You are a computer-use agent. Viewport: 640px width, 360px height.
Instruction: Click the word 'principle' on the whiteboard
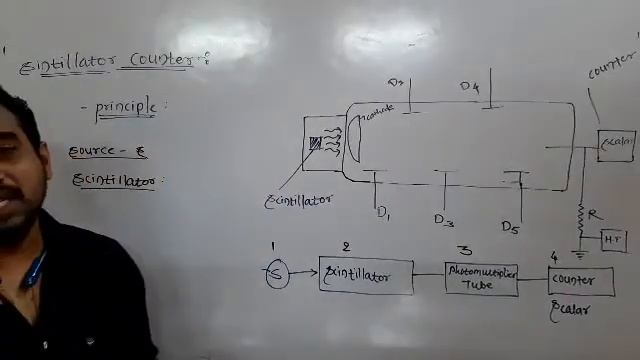tap(125, 106)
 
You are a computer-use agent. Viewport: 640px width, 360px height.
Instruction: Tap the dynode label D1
tap(383, 212)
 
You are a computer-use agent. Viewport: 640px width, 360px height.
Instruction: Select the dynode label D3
tap(444, 219)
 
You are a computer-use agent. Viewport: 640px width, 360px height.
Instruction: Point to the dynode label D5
tap(511, 225)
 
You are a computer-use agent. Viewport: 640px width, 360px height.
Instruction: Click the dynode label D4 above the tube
tap(469, 88)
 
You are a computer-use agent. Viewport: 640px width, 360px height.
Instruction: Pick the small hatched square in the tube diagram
tap(316, 143)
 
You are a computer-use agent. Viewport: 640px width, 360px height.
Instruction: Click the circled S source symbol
tap(277, 273)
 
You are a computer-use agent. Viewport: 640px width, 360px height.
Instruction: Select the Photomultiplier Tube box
tap(481, 278)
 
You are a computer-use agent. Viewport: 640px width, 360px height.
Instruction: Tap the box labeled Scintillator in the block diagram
tap(366, 275)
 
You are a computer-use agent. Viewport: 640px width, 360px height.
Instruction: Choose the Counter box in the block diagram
tap(580, 281)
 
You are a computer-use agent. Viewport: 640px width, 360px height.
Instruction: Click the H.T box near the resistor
tap(613, 240)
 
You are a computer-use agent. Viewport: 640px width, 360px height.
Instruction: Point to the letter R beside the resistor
tap(594, 214)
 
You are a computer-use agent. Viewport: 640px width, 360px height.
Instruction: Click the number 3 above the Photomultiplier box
tap(465, 251)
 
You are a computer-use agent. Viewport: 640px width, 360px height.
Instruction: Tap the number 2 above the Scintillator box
tap(346, 247)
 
